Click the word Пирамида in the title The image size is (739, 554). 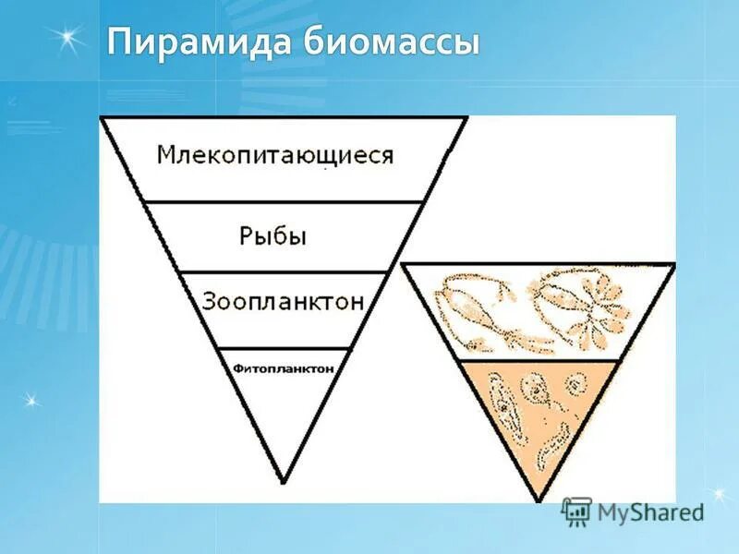[x=187, y=43]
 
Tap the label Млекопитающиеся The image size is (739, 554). [x=274, y=154]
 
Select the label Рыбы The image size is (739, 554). [x=273, y=235]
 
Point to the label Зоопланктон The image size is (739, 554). [x=283, y=301]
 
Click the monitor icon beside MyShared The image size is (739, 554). [x=577, y=511]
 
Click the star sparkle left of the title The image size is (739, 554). [x=64, y=40]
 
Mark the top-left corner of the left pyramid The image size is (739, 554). [x=102, y=118]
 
